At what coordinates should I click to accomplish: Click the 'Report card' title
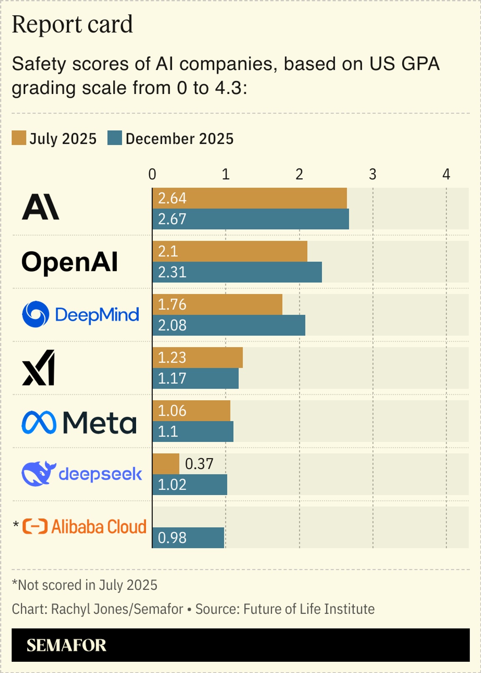pyautogui.click(x=72, y=25)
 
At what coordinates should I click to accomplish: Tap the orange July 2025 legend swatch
pyautogui.click(x=19, y=138)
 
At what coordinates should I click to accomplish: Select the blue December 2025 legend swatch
pyautogui.click(x=114, y=138)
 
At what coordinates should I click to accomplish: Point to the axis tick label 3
pyautogui.click(x=372, y=174)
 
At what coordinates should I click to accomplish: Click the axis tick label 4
pyautogui.click(x=446, y=174)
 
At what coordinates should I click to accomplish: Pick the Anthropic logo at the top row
pyautogui.click(x=41, y=207)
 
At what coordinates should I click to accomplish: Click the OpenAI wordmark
pyautogui.click(x=70, y=262)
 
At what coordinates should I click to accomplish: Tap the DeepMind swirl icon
pyautogui.click(x=35, y=314)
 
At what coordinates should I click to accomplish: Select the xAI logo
pyautogui.click(x=39, y=368)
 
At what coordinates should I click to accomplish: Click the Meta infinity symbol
pyautogui.click(x=39, y=422)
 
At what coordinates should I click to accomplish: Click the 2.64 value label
pyautogui.click(x=172, y=198)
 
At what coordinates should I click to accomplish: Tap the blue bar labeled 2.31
pyautogui.click(x=237, y=272)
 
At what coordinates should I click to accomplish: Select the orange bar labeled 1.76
pyautogui.click(x=217, y=304)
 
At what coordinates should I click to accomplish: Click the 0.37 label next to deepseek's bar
pyautogui.click(x=199, y=464)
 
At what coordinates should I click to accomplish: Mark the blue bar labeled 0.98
pyautogui.click(x=188, y=538)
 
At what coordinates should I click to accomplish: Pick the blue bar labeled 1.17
pyautogui.click(x=195, y=378)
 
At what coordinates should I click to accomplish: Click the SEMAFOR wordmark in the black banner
pyautogui.click(x=66, y=645)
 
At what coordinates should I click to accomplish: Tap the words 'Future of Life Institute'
pyautogui.click(x=309, y=609)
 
